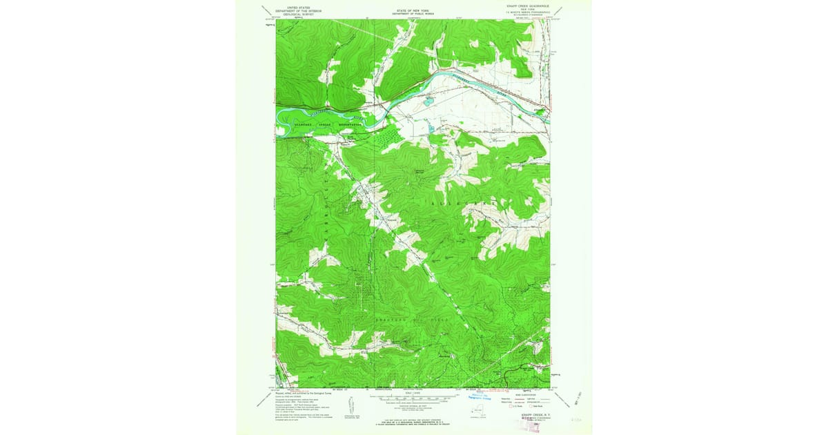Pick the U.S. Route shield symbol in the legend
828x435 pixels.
point(511,406)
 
